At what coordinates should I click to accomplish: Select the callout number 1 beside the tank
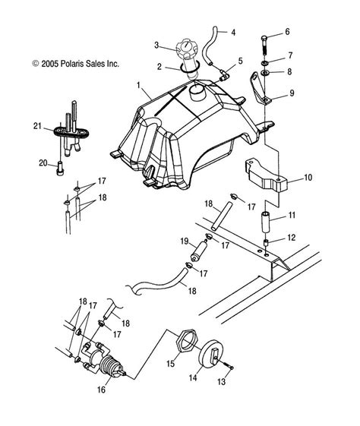138,85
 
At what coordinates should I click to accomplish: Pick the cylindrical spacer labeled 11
267,222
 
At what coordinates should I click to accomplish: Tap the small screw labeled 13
229,366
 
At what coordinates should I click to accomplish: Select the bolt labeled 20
60,168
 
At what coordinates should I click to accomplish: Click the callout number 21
37,126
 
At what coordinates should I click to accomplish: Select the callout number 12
291,238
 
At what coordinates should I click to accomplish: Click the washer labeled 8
264,73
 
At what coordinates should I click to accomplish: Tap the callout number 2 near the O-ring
159,67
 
